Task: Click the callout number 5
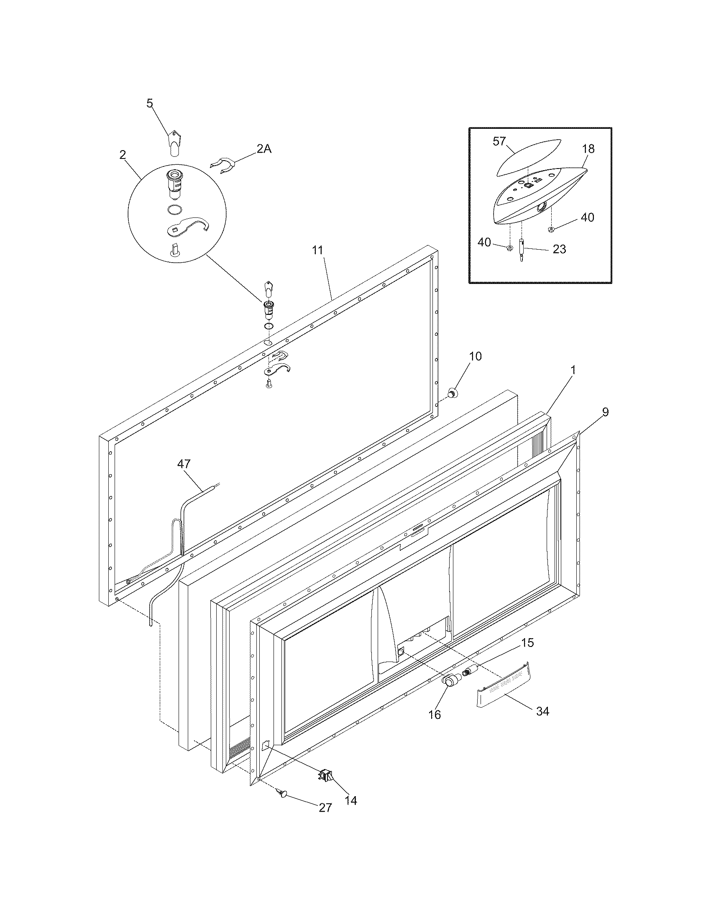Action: click(150, 103)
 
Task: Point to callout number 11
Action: click(317, 250)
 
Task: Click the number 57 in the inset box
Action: click(499, 141)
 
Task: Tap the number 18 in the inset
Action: click(588, 149)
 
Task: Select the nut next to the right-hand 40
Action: click(550, 229)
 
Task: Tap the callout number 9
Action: click(605, 412)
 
